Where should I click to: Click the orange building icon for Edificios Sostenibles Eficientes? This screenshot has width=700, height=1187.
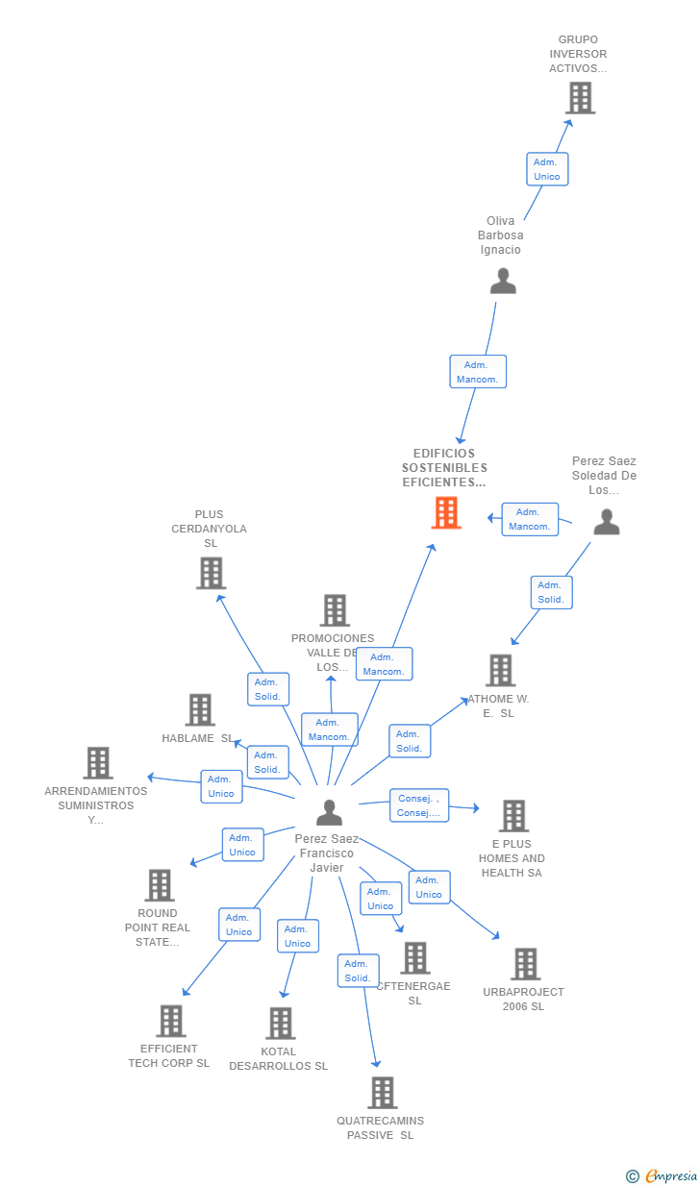pos(446,513)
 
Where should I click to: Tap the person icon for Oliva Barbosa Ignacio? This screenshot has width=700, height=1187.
pos(503,281)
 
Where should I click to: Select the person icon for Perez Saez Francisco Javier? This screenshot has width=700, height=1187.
pos(329,813)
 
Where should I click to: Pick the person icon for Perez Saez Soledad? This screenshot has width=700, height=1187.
pos(606,522)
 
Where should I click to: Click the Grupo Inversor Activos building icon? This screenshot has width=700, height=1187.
pos(580,98)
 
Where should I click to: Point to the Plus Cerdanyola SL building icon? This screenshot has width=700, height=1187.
pos(211,573)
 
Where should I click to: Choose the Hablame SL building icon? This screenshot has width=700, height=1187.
pos(200,710)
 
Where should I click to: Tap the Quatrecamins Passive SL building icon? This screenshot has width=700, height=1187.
pos(382,1093)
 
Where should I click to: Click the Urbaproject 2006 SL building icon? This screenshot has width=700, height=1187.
pos(525,964)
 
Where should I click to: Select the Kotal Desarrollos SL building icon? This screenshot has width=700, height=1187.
pos(280,1024)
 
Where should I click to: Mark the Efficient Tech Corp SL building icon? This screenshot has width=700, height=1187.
pos(170,1021)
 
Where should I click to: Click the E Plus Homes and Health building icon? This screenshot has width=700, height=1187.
pos(513,816)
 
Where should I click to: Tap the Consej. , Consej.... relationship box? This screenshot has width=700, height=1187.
pos(419,805)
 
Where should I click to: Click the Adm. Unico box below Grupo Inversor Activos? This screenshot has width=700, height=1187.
pos(547,169)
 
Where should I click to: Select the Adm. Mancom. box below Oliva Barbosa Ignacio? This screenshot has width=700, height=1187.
pos(478,372)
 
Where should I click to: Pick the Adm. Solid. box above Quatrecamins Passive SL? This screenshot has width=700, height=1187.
pos(357,971)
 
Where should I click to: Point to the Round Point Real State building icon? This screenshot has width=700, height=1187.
pos(159,885)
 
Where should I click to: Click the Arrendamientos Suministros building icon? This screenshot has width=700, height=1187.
pos(98,763)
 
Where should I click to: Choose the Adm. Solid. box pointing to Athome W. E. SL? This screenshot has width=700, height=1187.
pos(410,741)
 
